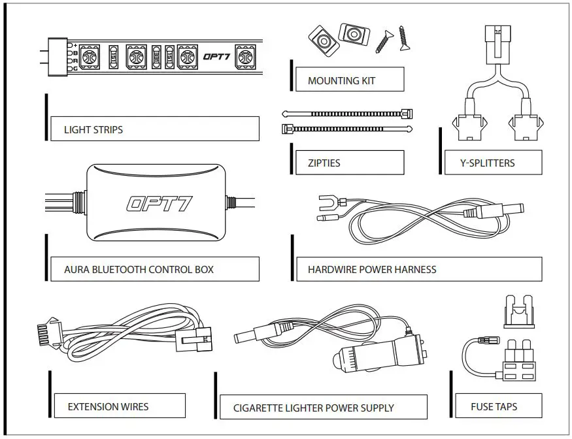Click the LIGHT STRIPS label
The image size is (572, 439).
[93, 129]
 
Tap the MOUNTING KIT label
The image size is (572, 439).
[341, 81]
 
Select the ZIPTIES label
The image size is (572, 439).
[324, 163]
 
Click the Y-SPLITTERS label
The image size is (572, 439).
[488, 163]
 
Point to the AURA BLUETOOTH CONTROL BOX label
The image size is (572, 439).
[139, 269]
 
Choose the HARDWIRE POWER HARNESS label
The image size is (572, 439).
[372, 269]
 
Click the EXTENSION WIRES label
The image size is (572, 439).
[108, 406]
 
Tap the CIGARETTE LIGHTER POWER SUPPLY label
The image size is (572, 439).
[314, 408]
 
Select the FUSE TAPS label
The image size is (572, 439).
[494, 406]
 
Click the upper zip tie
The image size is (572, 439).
[346, 113]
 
